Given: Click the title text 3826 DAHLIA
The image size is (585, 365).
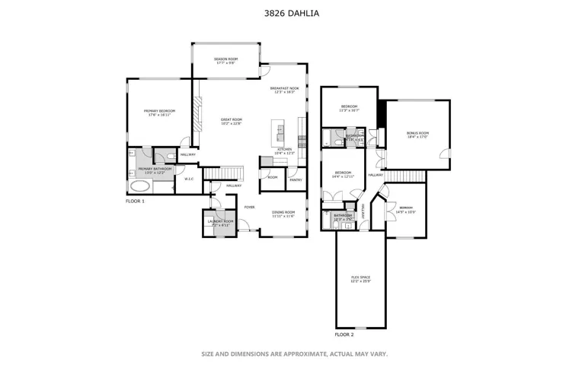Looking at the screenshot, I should pos(292,13).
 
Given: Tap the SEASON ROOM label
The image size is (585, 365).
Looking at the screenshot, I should pos(225,59).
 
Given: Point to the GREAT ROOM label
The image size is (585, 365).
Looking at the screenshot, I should pos(232,119).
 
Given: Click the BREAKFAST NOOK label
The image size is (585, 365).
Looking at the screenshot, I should pos(284,88).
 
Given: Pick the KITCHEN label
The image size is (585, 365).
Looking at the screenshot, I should pos(284,150).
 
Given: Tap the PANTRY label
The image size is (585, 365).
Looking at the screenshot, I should pos(296,180).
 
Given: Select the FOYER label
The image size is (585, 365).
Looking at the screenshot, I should pos(249,207).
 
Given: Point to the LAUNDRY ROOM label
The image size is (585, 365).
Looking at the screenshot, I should pos(220,221).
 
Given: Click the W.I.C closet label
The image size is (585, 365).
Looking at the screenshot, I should pos(189,179).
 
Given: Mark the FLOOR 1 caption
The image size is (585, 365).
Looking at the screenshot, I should pos(136,201).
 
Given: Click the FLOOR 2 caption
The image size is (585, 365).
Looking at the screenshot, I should pos(344,334).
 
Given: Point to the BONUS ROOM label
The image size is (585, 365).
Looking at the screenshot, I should pos(418,133).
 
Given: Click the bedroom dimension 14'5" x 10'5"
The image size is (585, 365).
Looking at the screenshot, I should pos(406,212).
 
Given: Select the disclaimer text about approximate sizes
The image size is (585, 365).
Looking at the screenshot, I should pos(295,354).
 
